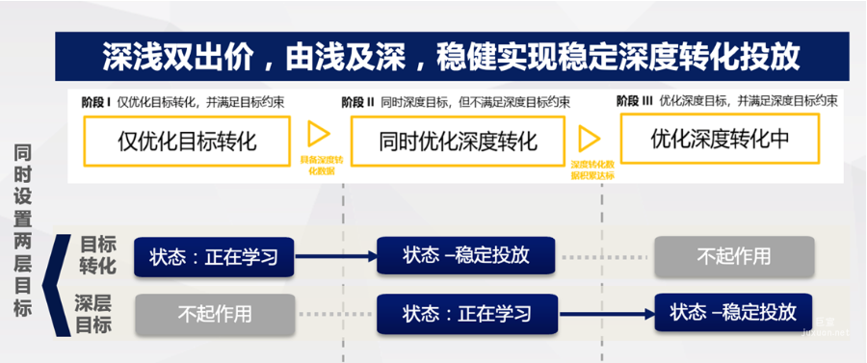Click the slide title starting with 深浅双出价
pyautogui.click(x=451, y=57)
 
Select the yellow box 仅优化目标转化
pyautogui.click(x=187, y=141)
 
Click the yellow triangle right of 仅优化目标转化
pyautogui.click(x=318, y=134)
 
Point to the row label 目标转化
pyautogui.click(x=96, y=254)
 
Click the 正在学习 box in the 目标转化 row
pyautogui.click(x=213, y=257)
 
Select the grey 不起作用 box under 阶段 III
pyautogui.click(x=733, y=256)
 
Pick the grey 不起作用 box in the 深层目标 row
pyautogui.click(x=214, y=314)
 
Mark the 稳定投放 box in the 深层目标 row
pyautogui.click(x=733, y=312)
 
